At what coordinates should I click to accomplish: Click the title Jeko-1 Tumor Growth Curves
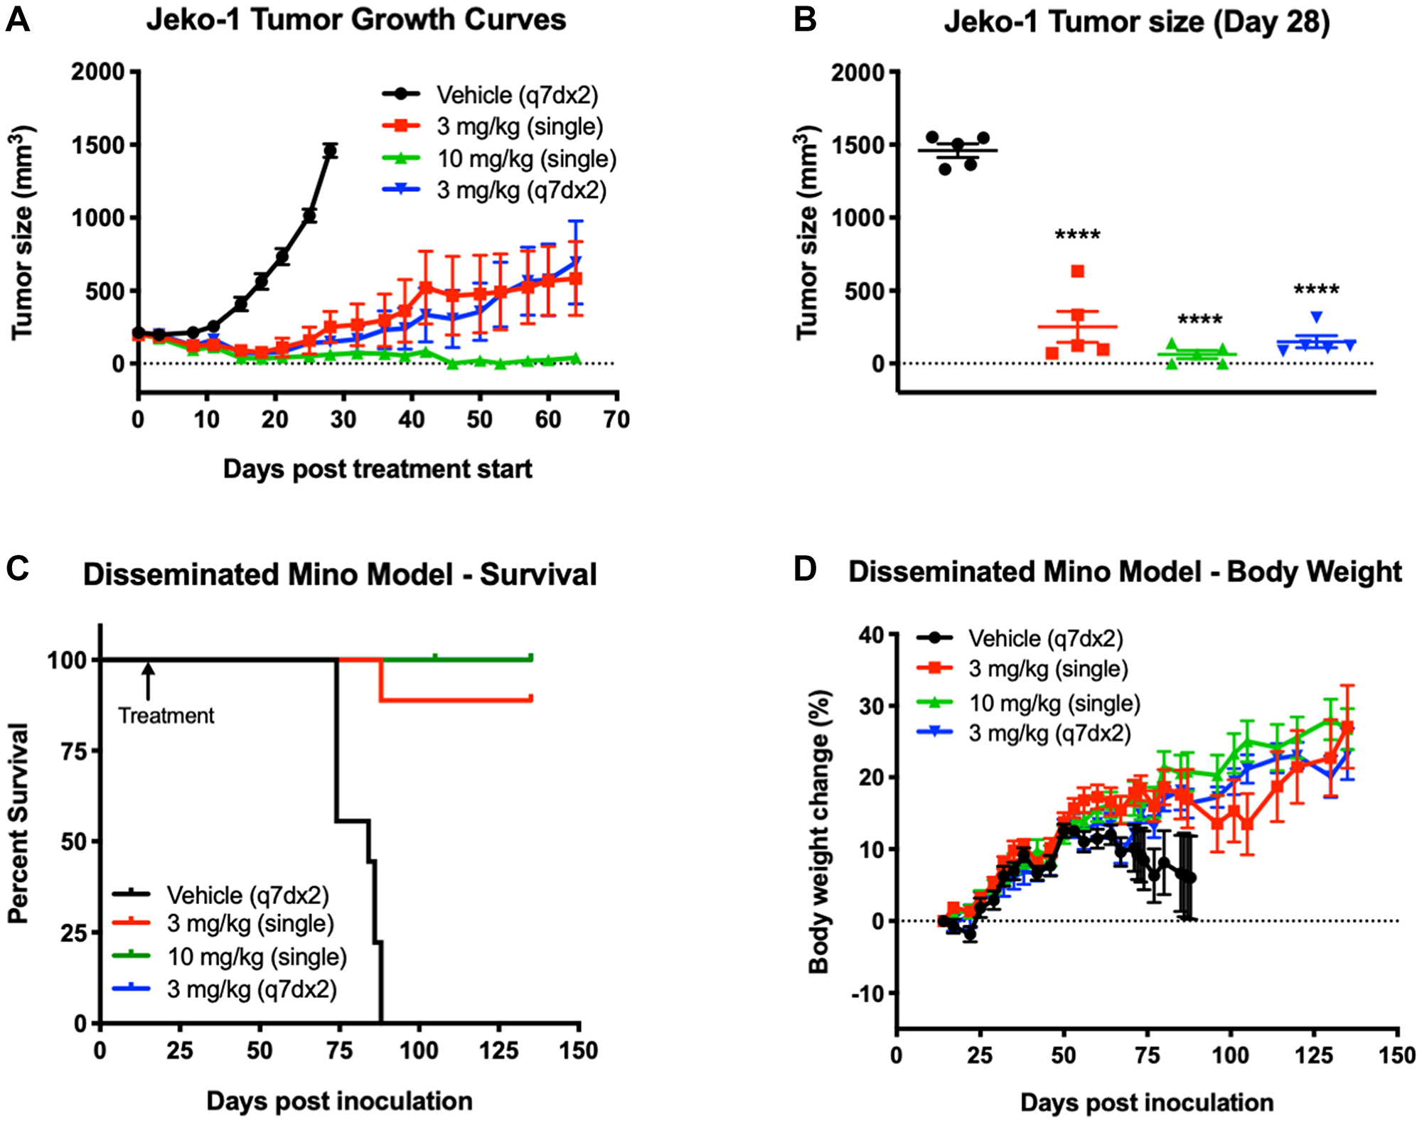point(355,19)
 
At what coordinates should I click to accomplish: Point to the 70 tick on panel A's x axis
point(616,419)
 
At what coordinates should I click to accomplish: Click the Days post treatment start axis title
point(377,469)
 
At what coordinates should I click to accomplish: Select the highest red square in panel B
point(1077,271)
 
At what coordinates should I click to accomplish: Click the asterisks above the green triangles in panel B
point(1199,320)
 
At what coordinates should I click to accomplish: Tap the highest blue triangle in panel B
point(1316,317)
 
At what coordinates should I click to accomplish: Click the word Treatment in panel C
point(166,716)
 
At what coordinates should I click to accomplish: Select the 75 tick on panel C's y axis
point(74,751)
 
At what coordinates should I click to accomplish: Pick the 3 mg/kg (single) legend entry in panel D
point(1048,669)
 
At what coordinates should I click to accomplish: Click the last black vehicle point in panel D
point(1190,878)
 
